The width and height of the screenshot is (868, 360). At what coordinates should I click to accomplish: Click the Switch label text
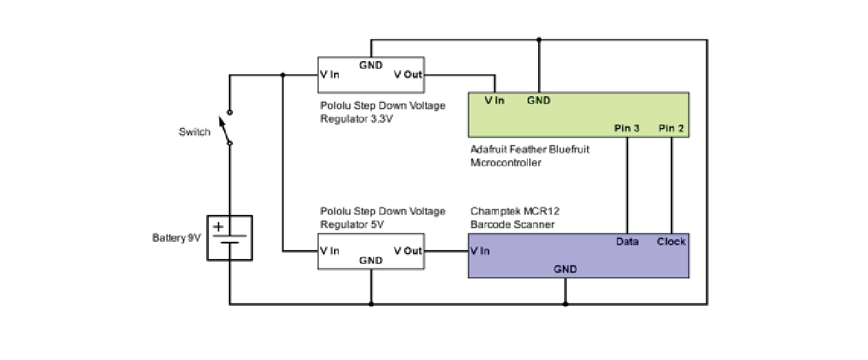pos(194,132)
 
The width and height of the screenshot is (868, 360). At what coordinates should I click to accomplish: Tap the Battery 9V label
pos(177,238)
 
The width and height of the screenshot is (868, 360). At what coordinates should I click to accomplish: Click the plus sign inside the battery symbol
pos(219,227)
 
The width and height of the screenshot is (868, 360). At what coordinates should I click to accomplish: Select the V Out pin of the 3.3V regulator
pos(408,74)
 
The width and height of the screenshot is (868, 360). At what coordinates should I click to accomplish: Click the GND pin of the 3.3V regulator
pos(371,65)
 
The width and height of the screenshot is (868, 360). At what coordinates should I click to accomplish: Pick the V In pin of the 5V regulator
pos(330,251)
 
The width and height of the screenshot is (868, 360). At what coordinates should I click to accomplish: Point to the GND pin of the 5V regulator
pos(371,260)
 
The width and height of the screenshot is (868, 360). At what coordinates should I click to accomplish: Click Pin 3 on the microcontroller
pos(627,128)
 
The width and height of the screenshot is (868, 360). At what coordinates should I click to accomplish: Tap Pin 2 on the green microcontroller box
pos(671,128)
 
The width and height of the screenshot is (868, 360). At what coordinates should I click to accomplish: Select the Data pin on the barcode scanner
pos(627,241)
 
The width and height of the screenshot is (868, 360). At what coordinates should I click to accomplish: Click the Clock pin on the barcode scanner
pos(671,241)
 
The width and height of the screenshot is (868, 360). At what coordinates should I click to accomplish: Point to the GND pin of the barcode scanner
pos(566,269)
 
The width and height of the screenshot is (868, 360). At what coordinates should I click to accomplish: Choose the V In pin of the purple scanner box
pos(480,251)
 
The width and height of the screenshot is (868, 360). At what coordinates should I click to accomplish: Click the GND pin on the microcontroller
pos(539,100)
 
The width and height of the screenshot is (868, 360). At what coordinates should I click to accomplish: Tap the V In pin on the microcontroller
pos(494,100)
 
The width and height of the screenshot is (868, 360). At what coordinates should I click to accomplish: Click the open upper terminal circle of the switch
pos(230,113)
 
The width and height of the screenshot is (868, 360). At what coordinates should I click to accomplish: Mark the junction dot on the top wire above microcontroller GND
pos(539,40)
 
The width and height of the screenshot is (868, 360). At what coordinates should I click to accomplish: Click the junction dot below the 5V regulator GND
pos(371,304)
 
